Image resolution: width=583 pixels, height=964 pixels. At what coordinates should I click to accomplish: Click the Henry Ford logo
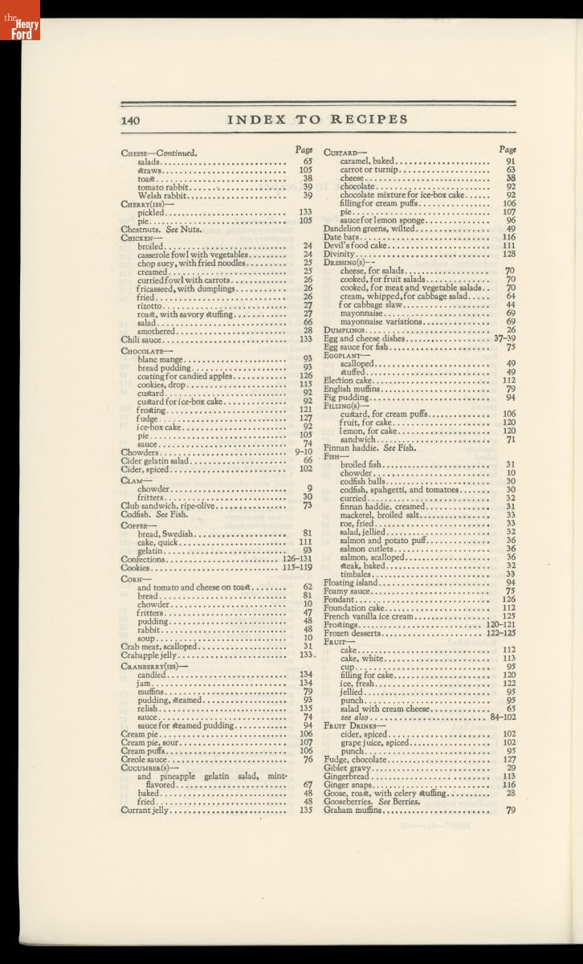[19, 19]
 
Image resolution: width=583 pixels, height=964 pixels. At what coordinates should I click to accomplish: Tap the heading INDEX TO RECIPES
[317, 120]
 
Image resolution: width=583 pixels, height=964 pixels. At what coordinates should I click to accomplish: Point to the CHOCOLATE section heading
[142, 351]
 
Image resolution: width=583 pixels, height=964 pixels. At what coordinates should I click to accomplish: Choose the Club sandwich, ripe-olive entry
[169, 506]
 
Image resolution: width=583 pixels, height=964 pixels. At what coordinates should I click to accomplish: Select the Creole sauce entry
[144, 759]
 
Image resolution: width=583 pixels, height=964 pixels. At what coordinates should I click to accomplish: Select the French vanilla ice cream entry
[369, 616]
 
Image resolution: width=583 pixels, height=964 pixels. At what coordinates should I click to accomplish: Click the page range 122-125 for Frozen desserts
[501, 633]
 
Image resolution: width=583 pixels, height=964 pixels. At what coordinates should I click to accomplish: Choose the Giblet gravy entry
[347, 768]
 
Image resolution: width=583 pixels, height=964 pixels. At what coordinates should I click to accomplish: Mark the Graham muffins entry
[353, 811]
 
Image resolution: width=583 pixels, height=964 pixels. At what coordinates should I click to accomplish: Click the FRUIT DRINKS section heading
[354, 725]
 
